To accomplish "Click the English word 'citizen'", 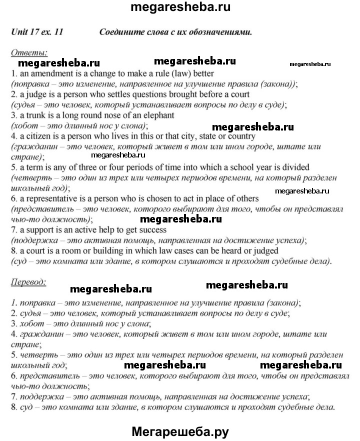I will click(37, 136).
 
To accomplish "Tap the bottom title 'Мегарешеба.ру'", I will click(180, 431).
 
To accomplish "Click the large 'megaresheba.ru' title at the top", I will click(179, 8).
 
